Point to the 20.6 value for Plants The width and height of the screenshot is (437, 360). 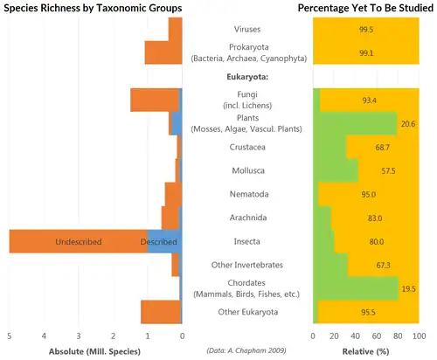click(x=407, y=124)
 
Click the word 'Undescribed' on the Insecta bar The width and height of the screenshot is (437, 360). click(x=78, y=241)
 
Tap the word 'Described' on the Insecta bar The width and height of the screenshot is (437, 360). click(x=159, y=241)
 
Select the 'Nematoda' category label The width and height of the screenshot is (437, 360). click(x=247, y=194)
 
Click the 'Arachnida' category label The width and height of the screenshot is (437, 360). click(x=247, y=218)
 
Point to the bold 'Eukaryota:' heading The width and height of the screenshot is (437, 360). click(x=247, y=77)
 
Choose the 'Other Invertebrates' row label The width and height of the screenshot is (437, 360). click(x=247, y=265)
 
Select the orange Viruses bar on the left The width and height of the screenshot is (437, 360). click(x=175, y=30)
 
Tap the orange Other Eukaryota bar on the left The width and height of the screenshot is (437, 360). click(x=160, y=311)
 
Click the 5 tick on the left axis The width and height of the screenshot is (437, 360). click(x=10, y=336)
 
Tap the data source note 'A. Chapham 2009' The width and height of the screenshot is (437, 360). click(x=247, y=347)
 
